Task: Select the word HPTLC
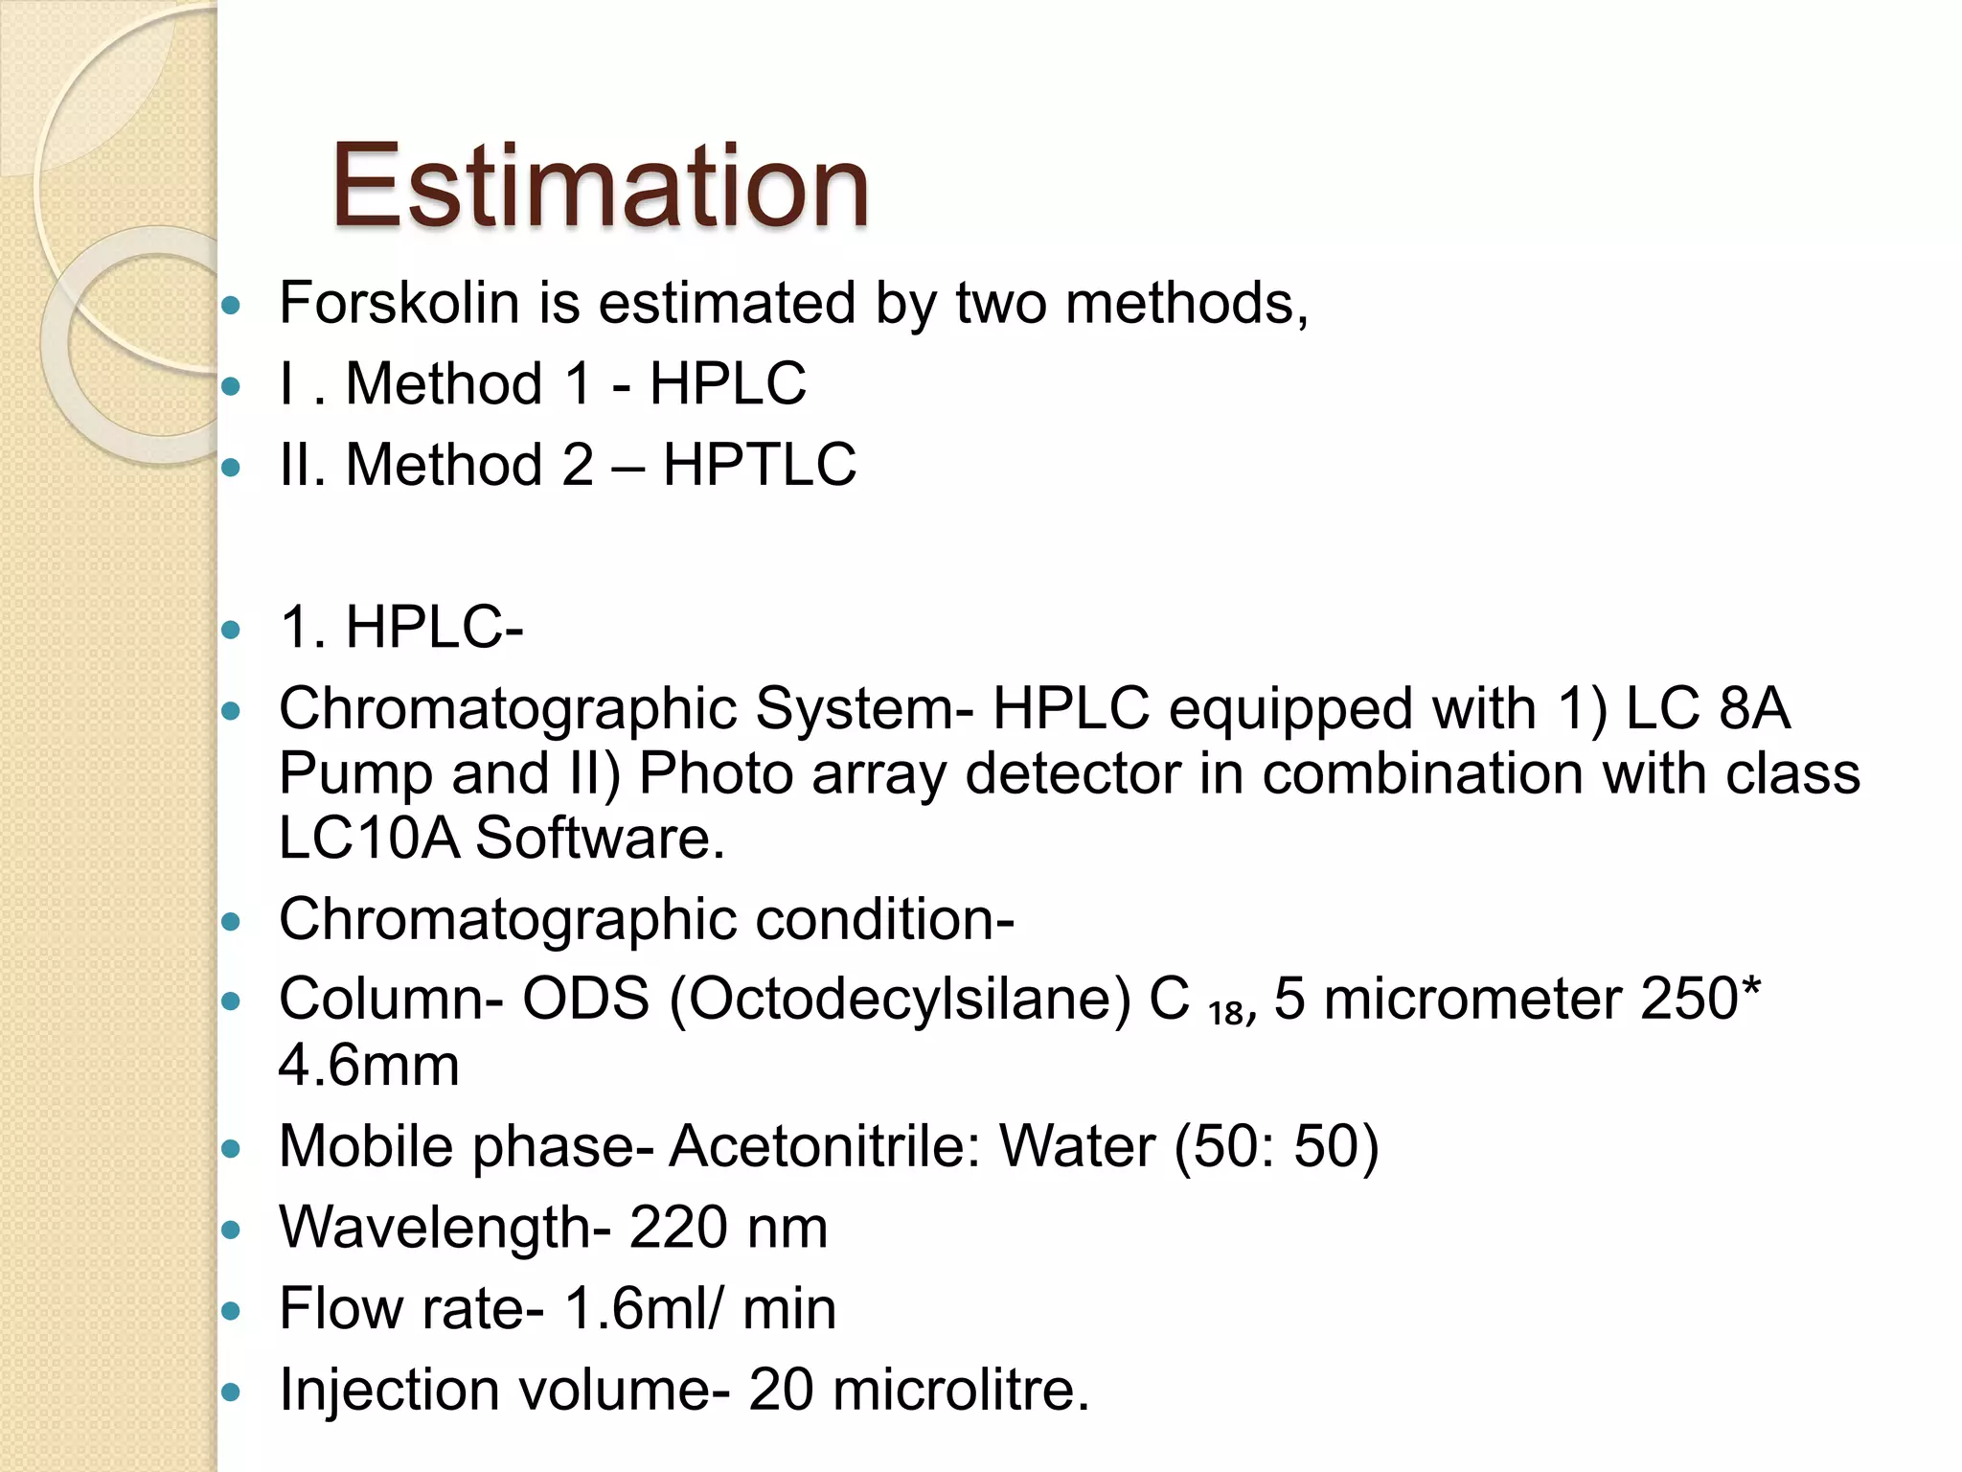pos(759,465)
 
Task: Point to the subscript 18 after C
pos(1225,1013)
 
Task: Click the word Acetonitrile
pos(825,1146)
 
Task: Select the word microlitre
pos(960,1390)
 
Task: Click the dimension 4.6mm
pos(369,1066)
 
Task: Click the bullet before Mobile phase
pos(232,1148)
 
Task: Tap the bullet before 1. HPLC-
pos(232,631)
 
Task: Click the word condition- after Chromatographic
pos(884,919)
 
